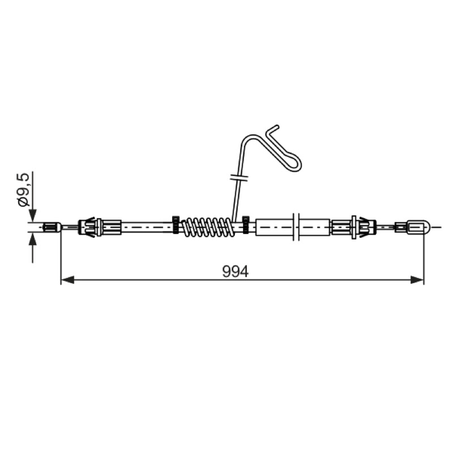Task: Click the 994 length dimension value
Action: pos(235,272)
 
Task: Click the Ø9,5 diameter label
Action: pos(24,190)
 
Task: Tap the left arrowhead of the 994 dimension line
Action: pos(67,280)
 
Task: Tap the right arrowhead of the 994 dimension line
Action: pos(417,280)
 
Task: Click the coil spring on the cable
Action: pos(207,227)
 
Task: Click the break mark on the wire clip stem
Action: pos(239,177)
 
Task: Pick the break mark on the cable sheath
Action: pos(296,227)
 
